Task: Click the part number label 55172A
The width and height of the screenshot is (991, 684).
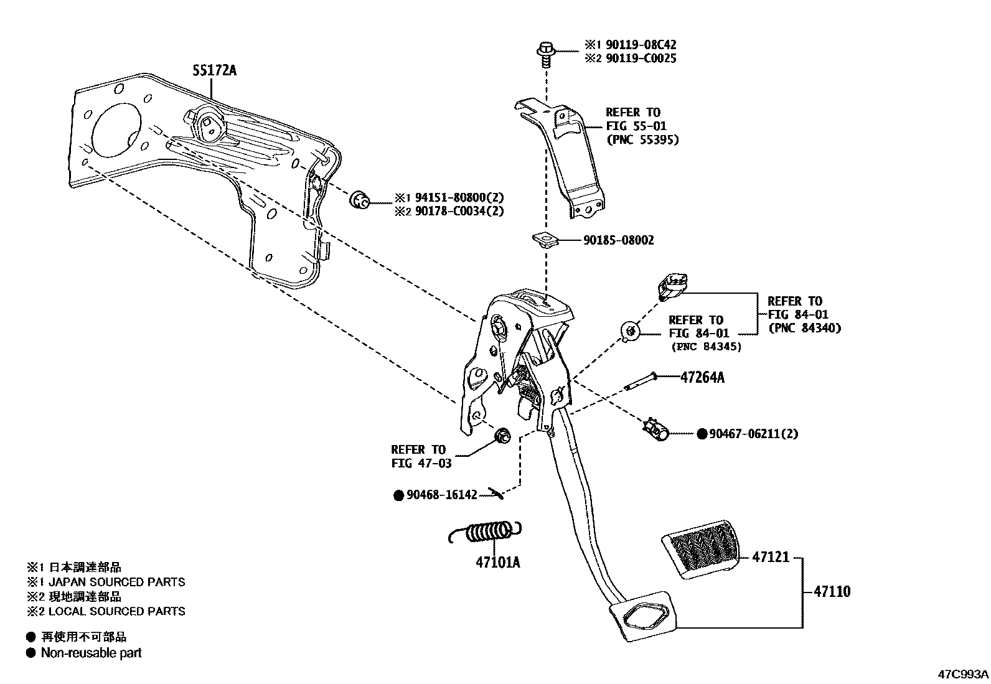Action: [214, 70]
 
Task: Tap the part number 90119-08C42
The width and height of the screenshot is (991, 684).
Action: [637, 45]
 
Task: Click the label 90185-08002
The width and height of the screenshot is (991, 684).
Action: [618, 240]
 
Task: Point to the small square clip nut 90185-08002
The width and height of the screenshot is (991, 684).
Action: [543, 238]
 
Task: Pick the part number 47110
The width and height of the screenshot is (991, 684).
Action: [831, 591]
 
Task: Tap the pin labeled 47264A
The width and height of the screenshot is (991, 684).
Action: [641, 382]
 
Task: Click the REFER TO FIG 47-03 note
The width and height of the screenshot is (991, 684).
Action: [420, 456]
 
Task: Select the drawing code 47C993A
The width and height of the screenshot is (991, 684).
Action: [963, 674]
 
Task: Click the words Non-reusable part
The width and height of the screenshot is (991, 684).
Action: [91, 653]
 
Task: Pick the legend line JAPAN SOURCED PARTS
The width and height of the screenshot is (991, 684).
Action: [116, 582]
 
